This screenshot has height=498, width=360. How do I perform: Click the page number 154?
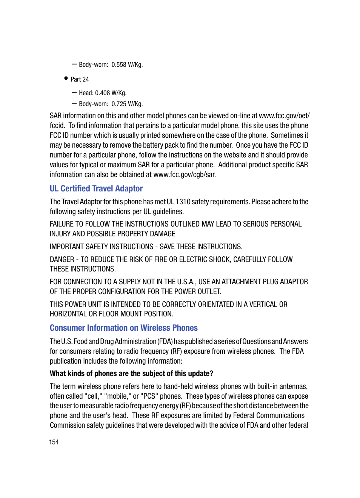pyautogui.click(x=54, y=442)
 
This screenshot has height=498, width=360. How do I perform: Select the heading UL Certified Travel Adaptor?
pyautogui.click(x=96, y=188)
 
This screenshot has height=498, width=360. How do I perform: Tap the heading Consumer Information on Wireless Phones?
pyautogui.click(x=124, y=328)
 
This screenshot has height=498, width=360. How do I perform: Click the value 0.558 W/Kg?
pyautogui.click(x=127, y=65)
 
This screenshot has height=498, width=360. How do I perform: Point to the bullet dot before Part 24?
pyautogui.click(x=66, y=79)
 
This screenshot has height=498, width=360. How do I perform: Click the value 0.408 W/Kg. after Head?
pyautogui.click(x=111, y=93)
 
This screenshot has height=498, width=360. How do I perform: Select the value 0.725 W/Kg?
pyautogui.click(x=127, y=104)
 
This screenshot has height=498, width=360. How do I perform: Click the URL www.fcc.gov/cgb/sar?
pyautogui.click(x=185, y=174)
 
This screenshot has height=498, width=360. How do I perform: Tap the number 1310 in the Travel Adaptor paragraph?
pyautogui.click(x=183, y=202)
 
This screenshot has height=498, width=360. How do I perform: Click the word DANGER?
pyautogui.click(x=62, y=259)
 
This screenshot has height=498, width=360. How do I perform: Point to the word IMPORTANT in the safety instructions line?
pyautogui.click(x=67, y=247)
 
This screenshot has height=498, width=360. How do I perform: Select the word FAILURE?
pyautogui.click(x=62, y=224)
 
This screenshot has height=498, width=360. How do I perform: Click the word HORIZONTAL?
pyautogui.click(x=68, y=314)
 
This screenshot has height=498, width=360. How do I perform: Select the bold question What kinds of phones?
pyautogui.click(x=131, y=373)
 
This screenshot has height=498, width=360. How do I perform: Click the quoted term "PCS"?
pyautogui.click(x=149, y=396)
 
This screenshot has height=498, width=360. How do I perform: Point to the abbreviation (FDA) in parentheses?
pyautogui.click(x=165, y=341)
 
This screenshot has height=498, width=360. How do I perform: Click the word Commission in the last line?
pyautogui.click(x=67, y=425)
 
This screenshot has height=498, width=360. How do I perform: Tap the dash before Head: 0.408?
pyautogui.click(x=74, y=93)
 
